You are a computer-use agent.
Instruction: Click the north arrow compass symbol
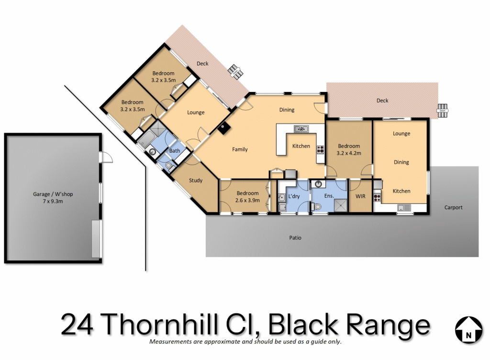coord(468,330)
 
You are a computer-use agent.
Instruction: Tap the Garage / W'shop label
coord(53,194)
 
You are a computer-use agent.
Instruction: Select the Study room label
coord(196,180)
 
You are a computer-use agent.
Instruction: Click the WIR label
coord(360,196)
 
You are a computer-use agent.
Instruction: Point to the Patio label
coord(295,238)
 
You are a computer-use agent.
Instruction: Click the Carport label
coord(453,207)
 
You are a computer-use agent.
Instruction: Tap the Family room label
coord(240,149)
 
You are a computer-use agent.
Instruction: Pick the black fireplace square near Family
coord(224,128)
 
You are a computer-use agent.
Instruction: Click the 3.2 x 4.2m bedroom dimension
coord(349,153)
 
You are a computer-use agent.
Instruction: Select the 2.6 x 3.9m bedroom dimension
coord(247,200)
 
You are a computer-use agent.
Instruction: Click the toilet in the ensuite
coord(316,206)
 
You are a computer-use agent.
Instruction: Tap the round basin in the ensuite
coord(318,184)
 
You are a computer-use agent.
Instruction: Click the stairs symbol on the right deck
coord(442,111)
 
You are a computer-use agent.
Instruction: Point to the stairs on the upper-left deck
coord(234,71)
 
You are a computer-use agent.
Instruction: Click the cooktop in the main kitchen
coord(320,150)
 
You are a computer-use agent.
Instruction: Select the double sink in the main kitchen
coord(301,129)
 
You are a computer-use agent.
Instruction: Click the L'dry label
coord(294,196)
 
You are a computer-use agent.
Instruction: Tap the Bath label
coord(174,151)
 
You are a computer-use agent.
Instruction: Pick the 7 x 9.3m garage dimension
coord(53,201)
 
